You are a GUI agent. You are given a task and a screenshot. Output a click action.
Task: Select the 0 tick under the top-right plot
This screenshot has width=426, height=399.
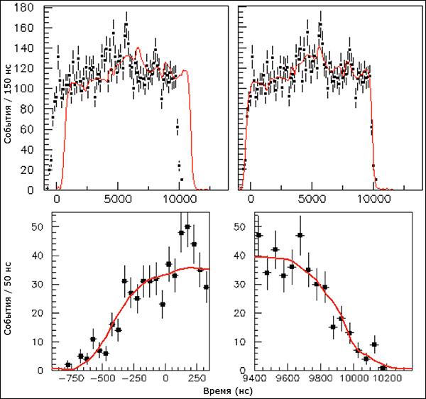point(251,200)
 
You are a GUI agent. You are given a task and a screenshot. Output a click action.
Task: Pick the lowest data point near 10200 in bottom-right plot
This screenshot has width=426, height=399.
point(383,368)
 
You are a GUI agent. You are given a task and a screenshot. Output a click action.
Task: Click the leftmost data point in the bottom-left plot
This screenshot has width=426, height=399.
point(68,365)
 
